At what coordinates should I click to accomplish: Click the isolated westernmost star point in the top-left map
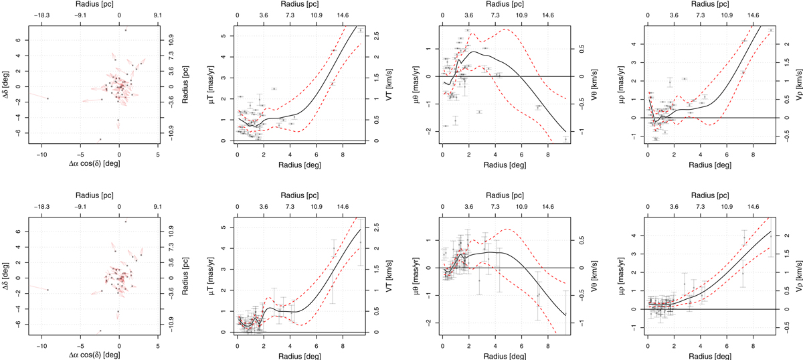coord(48,98)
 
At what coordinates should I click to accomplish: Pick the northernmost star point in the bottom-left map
coord(125,221)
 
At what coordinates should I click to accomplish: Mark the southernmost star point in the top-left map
coord(100,139)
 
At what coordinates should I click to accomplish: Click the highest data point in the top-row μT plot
coord(360,30)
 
